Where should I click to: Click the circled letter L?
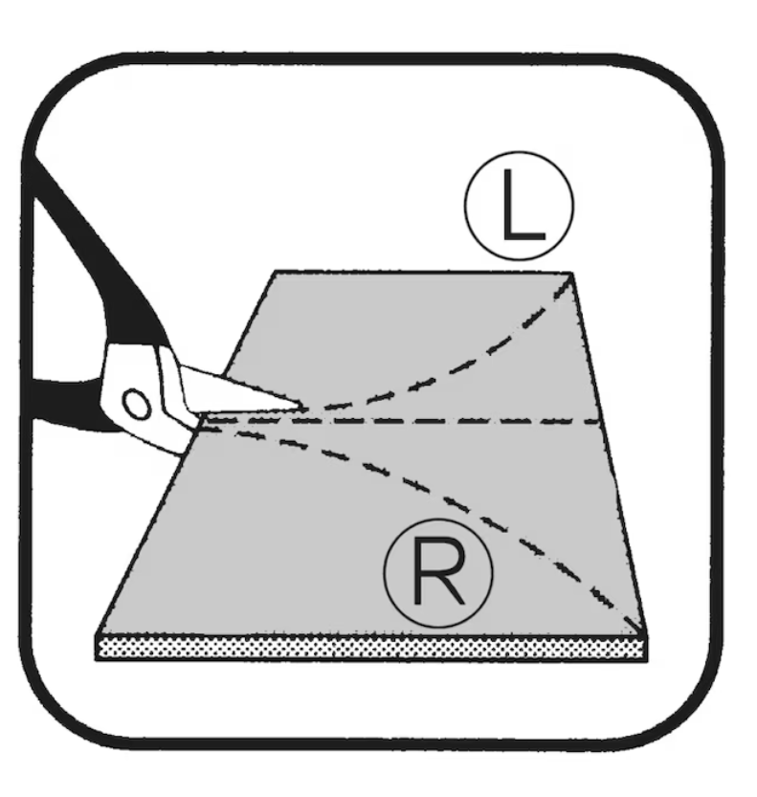519,206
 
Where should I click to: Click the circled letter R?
438,573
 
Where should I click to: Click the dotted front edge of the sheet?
371,649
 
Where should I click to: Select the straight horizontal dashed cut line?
402,421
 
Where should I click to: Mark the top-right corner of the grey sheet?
572,274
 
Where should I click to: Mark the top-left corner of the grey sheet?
275,272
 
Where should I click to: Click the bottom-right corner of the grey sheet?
647,635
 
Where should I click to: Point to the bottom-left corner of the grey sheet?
97,635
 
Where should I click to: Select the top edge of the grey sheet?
424,273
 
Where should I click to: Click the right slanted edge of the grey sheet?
610,454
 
